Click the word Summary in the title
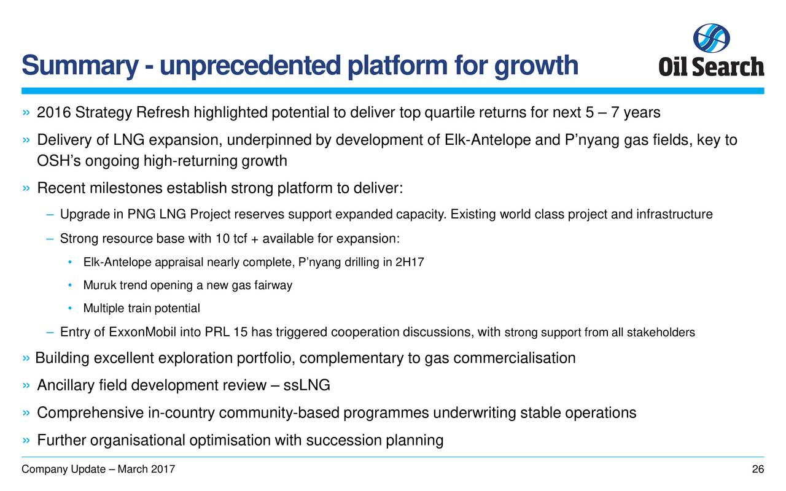point(80,66)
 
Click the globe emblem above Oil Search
point(711,38)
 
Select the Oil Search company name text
point(711,67)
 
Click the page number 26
point(758,470)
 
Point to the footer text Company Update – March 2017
point(98,470)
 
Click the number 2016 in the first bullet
point(54,112)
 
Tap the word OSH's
point(59,161)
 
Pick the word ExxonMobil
point(142,332)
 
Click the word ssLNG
point(306,385)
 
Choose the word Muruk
point(99,285)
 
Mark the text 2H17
point(410,262)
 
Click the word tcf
point(240,239)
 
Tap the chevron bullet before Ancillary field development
point(26,385)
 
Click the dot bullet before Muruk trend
point(70,285)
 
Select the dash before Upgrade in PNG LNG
point(50,214)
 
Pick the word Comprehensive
point(90,413)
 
